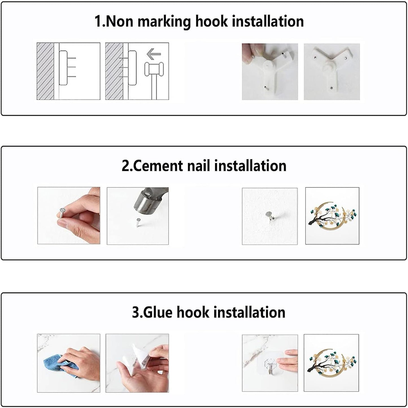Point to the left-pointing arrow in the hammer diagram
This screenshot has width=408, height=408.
click(x=154, y=54)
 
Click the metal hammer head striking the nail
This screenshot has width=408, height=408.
click(x=148, y=202)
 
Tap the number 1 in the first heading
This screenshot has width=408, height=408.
click(x=98, y=21)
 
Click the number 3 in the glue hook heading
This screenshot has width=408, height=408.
click(x=136, y=313)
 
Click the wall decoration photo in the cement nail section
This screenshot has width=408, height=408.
click(x=332, y=216)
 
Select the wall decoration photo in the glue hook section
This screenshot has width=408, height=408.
click(x=331, y=363)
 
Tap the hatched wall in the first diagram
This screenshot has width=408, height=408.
click(x=45, y=71)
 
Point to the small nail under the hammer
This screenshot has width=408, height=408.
click(x=139, y=222)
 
